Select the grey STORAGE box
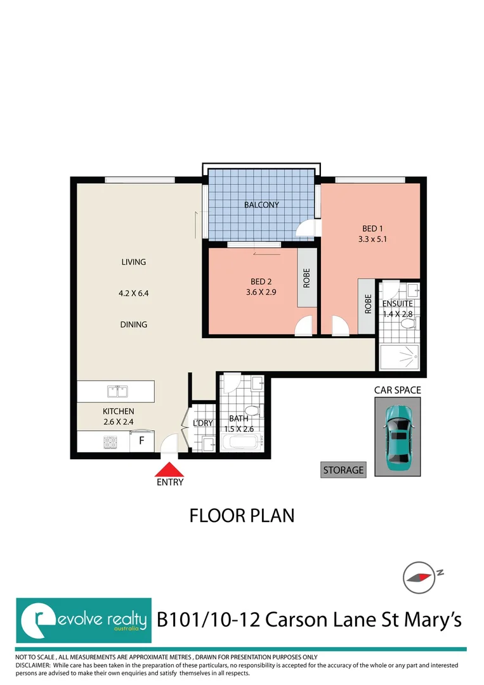(x=343, y=470)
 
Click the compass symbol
(x=419, y=577)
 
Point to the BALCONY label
(x=261, y=205)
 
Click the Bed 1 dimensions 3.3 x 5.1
(x=372, y=240)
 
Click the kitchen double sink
(x=115, y=390)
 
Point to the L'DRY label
(x=202, y=423)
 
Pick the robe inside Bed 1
(x=367, y=305)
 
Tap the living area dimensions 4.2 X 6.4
(x=134, y=293)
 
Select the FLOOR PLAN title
(x=242, y=516)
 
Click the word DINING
(x=134, y=325)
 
